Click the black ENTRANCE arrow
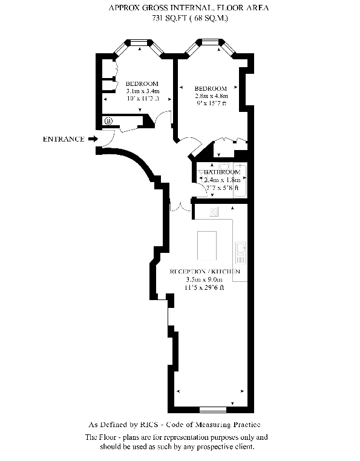pos(93,139)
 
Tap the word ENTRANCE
pos(64,139)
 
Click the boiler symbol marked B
pos(109,121)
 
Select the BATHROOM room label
pos(222,172)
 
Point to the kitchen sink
pos(241,252)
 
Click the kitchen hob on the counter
pos(214,211)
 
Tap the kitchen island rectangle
pos(207,246)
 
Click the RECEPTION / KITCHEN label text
pos(205,272)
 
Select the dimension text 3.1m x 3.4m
pos(143,91)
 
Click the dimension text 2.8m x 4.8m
pos(211,96)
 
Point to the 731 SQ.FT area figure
pos(169,18)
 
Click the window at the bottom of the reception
pos(213,410)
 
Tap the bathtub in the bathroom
pos(240,180)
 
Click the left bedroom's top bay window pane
pos(139,43)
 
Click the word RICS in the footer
pos(149,425)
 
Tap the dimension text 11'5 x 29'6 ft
pos(205,287)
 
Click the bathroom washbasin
pos(224,166)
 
